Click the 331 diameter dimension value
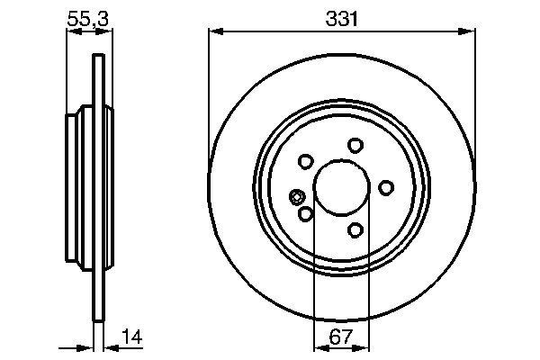tap(340, 18)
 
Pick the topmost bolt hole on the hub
tap(355, 146)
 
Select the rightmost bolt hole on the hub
tap(387, 187)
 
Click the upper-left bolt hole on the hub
tap(304, 162)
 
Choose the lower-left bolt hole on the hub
tap(305, 213)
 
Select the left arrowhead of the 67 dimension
tap(317, 347)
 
